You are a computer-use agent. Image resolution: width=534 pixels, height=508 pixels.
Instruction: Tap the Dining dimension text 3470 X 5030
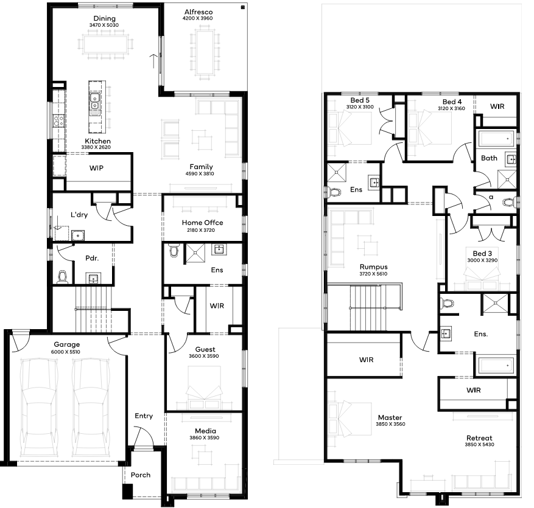point(104,25)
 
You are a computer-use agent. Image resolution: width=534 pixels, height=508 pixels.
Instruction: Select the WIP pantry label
point(96,168)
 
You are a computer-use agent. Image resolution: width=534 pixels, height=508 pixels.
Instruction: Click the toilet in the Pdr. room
point(63,277)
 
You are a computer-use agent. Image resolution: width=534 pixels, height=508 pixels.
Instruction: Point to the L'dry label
point(79,215)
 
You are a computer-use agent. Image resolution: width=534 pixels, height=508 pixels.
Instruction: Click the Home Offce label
point(202,223)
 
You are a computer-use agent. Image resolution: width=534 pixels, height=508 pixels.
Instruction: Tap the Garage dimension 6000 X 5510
point(66,352)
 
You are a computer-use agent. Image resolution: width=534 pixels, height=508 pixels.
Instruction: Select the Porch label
point(140,475)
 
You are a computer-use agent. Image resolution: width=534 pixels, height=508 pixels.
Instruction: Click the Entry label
point(143,416)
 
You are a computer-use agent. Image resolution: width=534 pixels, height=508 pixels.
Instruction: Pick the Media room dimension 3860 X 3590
point(205,437)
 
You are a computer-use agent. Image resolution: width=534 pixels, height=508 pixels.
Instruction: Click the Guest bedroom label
point(205,349)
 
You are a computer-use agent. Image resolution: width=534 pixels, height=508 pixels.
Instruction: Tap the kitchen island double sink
point(94,102)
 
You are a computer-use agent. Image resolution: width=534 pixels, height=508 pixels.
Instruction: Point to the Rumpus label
point(374,266)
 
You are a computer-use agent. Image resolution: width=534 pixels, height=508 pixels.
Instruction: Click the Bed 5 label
point(360,100)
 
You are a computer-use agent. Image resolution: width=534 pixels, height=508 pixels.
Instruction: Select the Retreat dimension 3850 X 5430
point(479,444)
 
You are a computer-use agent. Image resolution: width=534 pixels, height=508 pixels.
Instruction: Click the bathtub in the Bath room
point(496,139)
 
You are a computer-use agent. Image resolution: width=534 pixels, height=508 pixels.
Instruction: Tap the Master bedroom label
point(390,417)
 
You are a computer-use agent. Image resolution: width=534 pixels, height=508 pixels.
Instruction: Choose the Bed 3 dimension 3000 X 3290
point(482,260)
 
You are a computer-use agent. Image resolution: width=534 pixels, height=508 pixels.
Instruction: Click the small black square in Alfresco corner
point(243,7)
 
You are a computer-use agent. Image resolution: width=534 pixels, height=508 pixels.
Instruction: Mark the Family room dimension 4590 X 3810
point(200,173)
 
